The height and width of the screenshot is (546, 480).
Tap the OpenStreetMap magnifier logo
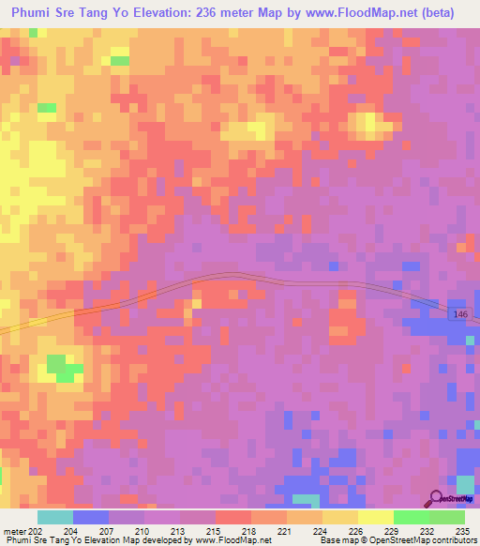click(x=437, y=499)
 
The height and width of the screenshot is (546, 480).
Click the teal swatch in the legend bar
click(x=55, y=517)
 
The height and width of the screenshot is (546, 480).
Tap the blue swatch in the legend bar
click(x=91, y=517)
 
